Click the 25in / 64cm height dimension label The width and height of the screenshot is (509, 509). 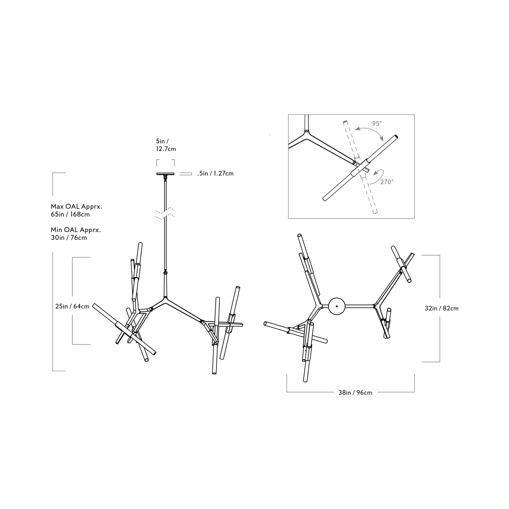tap(72, 306)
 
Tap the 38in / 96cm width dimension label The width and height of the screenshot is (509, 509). tap(355, 393)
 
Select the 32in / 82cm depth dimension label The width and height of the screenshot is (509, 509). tap(441, 308)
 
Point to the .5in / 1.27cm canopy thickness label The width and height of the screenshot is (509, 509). tap(215, 173)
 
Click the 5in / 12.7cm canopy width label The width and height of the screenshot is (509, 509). tap(166, 145)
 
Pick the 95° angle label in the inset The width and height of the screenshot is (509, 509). tap(377, 124)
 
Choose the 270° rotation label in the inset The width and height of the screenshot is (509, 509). tap(387, 182)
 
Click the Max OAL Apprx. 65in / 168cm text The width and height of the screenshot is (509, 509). tap(76, 210)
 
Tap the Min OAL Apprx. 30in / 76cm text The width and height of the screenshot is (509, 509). tap(76, 234)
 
